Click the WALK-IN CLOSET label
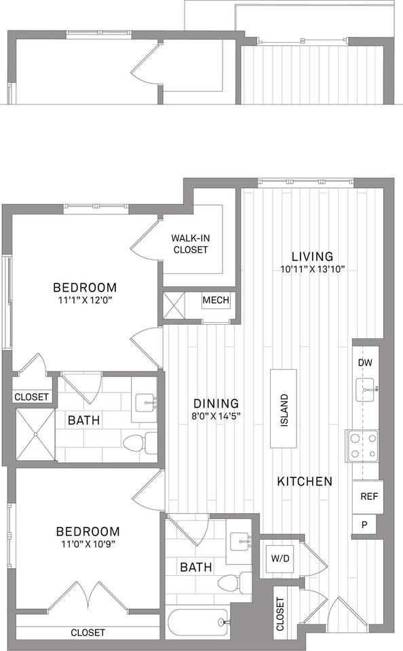189,244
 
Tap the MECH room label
216,300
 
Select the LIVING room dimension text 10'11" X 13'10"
312,269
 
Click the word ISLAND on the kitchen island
284,408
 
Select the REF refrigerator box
368,496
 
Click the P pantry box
364,524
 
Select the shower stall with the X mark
35,435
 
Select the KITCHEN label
305,481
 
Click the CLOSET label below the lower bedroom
88,632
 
